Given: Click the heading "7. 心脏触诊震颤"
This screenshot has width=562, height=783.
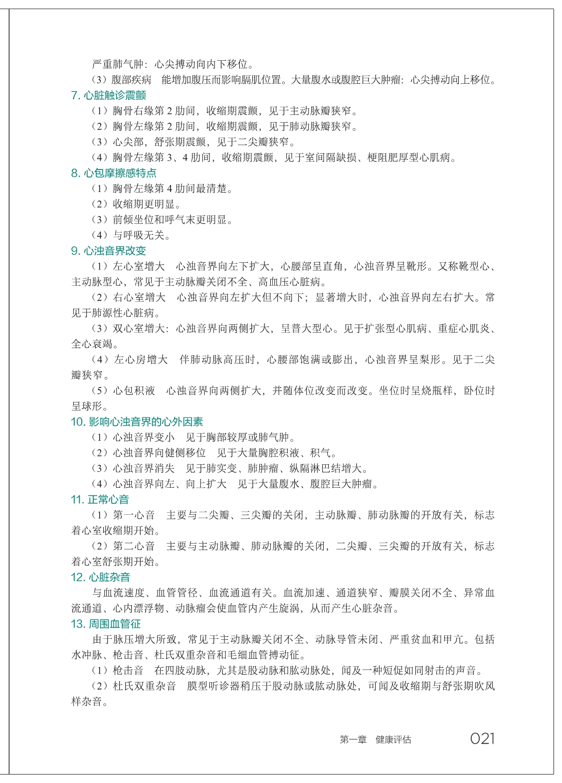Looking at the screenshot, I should coord(109,95).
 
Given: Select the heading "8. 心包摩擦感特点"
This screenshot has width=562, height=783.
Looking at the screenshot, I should coord(114,173).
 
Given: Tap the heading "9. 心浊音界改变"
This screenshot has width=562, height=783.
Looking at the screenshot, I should coord(109,251).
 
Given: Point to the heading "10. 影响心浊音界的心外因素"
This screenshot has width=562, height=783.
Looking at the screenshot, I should coord(137,422).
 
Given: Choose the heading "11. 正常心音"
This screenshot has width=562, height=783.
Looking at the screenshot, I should coord(100,500).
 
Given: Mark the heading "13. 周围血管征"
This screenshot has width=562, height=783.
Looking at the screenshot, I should coord(106,624).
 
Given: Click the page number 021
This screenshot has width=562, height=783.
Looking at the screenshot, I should coord(482,739).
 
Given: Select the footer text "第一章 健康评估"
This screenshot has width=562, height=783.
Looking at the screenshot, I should coord(375,740).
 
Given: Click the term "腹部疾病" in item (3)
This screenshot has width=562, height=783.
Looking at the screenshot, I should coord(132,80).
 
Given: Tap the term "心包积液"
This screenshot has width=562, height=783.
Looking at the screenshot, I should coord(134,391).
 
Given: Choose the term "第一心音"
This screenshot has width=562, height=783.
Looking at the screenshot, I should coord(134,515).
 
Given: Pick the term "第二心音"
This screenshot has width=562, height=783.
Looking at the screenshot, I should coord(134,546).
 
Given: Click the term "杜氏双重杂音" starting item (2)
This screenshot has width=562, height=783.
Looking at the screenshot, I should coord(145,686).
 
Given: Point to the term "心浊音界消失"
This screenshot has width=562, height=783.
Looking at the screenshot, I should coord(144,468).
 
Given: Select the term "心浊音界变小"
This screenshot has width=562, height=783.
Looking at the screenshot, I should coord(144,437).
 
